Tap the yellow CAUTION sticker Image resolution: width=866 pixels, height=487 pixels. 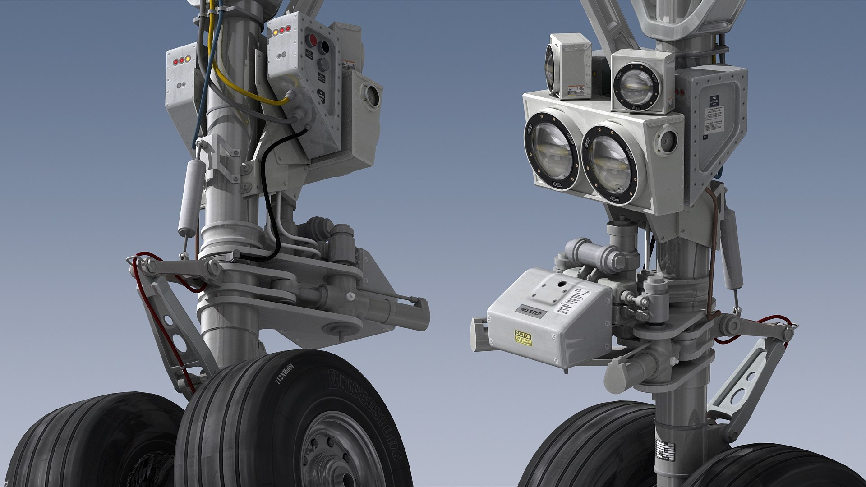pos(523,338)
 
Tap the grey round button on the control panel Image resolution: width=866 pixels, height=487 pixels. pos(323,64)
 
